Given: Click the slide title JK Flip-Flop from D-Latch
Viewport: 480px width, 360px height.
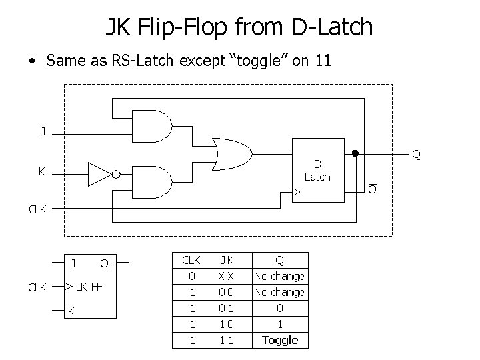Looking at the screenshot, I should [239, 27].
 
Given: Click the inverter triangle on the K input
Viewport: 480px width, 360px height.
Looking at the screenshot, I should [99, 175].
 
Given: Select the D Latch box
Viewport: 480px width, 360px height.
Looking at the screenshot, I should [317, 170].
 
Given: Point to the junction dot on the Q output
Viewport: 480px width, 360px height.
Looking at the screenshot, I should [355, 155].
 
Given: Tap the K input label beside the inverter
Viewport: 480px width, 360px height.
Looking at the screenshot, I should [42, 171].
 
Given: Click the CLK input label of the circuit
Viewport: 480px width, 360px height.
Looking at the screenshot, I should [37, 209].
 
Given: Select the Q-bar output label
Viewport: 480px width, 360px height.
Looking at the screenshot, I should [373, 191].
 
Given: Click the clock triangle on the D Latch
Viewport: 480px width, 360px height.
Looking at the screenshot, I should [296, 193].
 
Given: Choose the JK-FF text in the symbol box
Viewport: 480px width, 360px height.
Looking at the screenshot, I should [90, 287].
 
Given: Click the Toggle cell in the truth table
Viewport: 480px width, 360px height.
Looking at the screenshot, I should [280, 340].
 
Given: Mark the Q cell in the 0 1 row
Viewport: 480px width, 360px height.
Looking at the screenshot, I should [280, 308].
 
